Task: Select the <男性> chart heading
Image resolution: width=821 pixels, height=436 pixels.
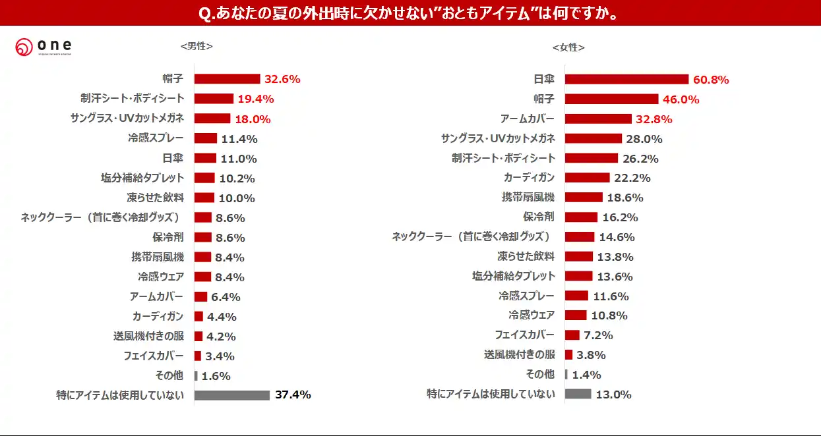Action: click(x=197, y=46)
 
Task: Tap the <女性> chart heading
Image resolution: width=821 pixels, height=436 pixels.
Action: click(x=568, y=47)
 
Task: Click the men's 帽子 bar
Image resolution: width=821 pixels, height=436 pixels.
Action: click(x=227, y=79)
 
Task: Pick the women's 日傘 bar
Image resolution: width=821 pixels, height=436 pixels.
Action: click(x=626, y=80)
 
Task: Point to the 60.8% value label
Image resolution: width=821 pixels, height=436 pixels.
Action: click(x=711, y=80)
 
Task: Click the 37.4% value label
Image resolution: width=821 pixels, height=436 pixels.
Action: click(x=293, y=395)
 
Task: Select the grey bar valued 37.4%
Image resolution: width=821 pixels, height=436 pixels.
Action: click(x=232, y=395)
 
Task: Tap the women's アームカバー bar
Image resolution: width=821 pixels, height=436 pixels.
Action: click(x=598, y=119)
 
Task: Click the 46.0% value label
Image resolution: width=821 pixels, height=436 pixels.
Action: click(x=681, y=99)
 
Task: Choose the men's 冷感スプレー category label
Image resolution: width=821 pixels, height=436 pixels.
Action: click(x=156, y=138)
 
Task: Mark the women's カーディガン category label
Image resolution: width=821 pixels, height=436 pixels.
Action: click(x=529, y=178)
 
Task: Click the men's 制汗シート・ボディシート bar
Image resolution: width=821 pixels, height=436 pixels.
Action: click(x=214, y=99)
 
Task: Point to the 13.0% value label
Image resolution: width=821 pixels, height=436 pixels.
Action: click(x=613, y=395)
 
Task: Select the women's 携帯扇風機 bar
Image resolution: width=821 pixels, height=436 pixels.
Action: click(x=584, y=198)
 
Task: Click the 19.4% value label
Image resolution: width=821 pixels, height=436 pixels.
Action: click(x=255, y=99)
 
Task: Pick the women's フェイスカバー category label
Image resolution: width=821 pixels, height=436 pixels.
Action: click(x=525, y=335)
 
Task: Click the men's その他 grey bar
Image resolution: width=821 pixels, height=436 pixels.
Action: click(x=196, y=375)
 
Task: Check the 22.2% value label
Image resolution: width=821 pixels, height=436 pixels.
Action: click(x=632, y=178)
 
